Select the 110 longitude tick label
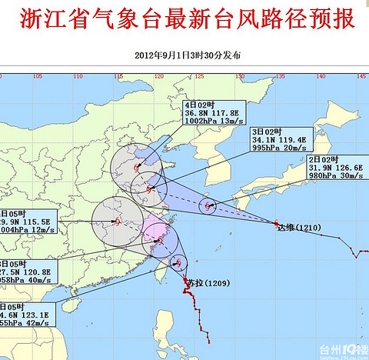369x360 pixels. (78, 76)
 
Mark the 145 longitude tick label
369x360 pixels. (361, 76)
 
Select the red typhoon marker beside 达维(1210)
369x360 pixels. (276, 223)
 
